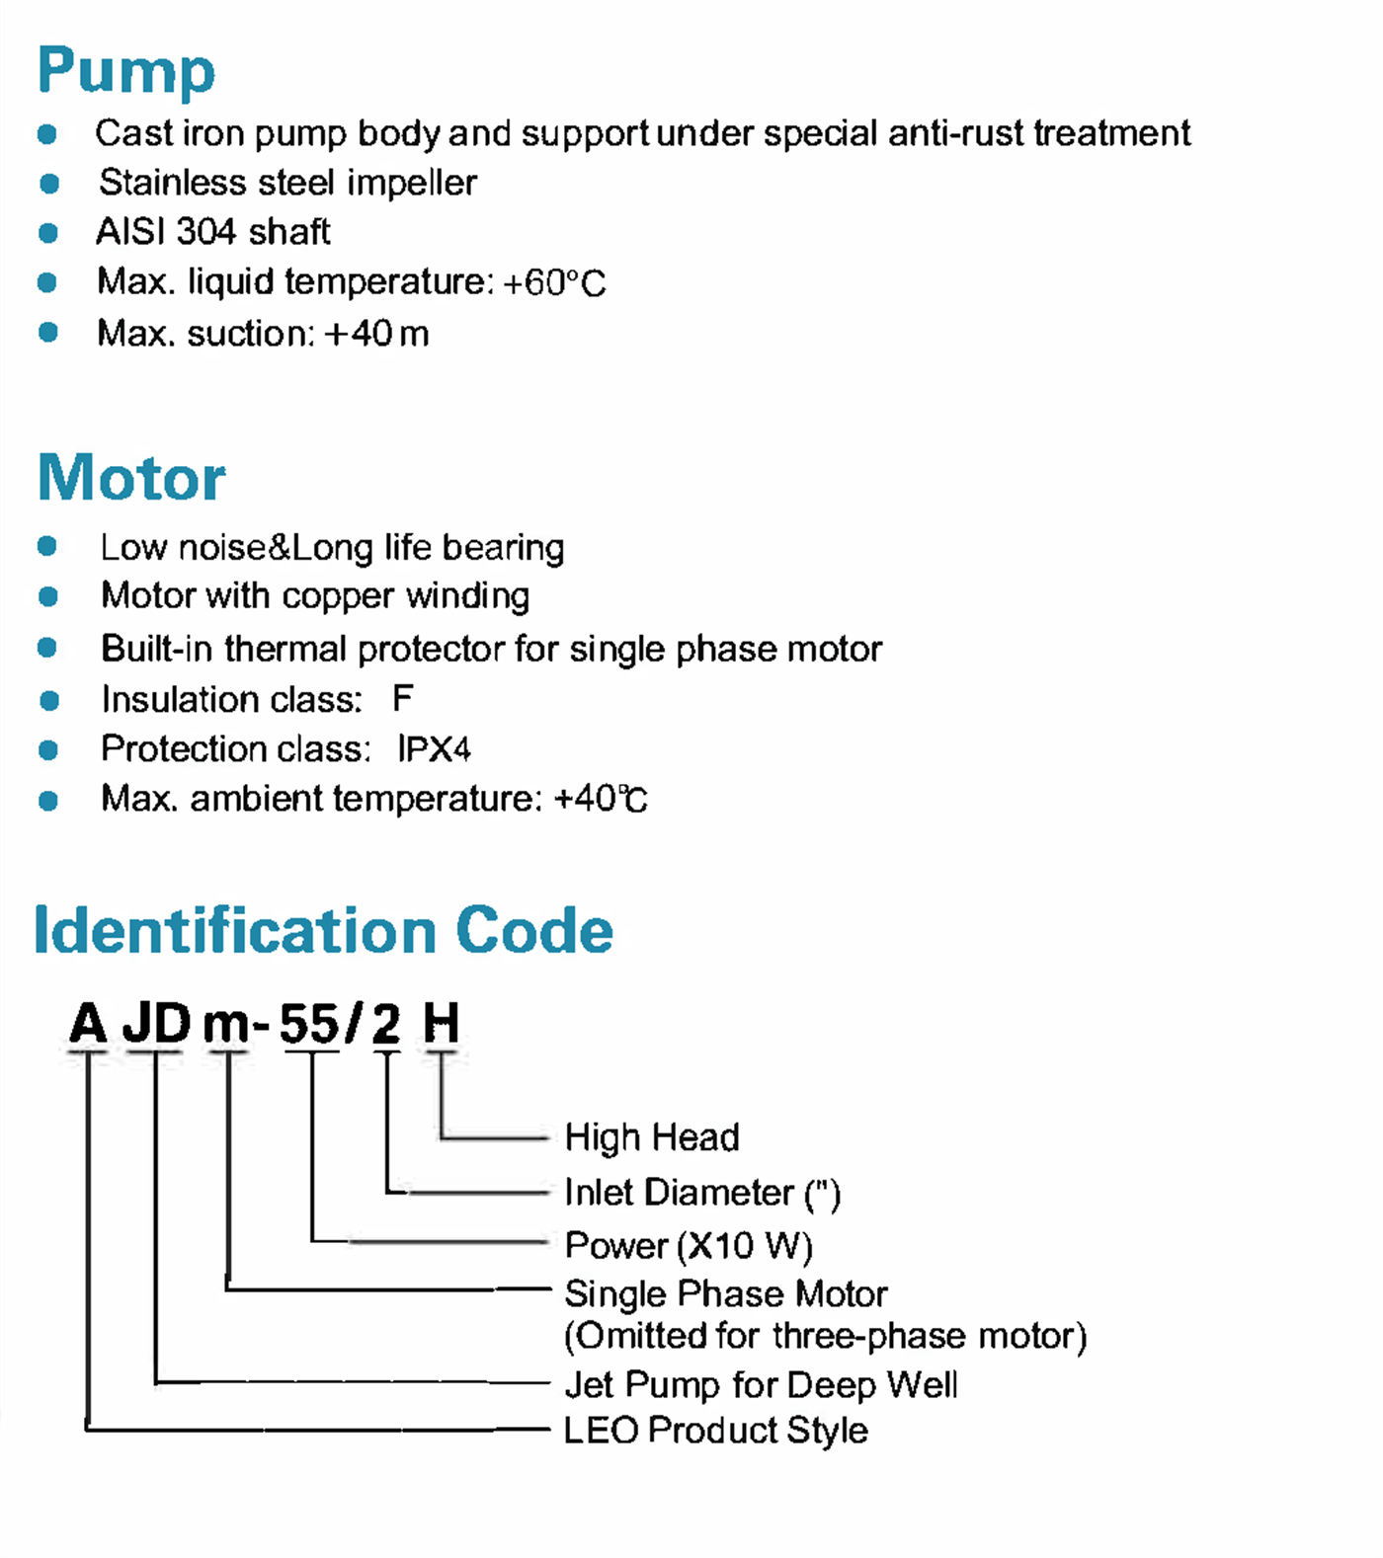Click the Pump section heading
[125, 72]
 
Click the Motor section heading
[131, 478]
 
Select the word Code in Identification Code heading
[534, 930]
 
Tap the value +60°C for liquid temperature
[554, 283]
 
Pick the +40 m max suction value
[376, 334]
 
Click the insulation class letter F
[402, 699]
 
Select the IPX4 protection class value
[434, 749]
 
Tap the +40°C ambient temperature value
[601, 799]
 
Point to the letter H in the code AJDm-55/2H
[441, 1023]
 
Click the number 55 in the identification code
[309, 1023]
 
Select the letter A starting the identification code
[88, 1023]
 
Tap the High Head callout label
[652, 1137]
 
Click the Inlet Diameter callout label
[702, 1193]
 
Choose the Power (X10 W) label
[689, 1246]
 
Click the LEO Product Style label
[716, 1431]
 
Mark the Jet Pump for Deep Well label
[762, 1385]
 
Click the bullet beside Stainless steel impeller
[49, 184]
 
